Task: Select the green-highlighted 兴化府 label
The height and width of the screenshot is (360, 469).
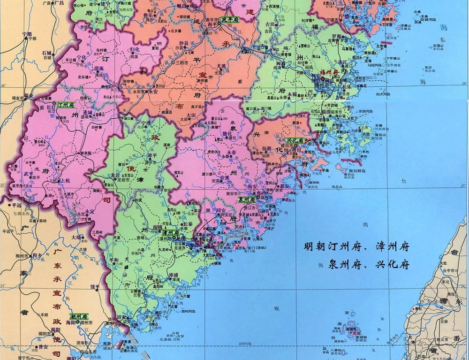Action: click(x=296, y=139)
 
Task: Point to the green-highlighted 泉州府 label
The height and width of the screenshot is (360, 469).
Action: click(x=246, y=199)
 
